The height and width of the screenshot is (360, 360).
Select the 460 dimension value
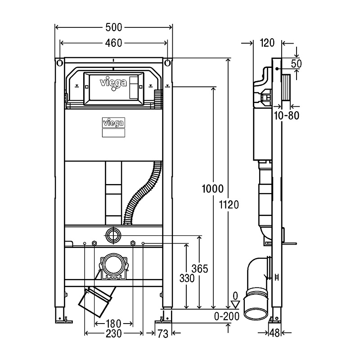(x=114, y=43)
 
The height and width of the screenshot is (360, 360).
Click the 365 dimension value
(x=200, y=269)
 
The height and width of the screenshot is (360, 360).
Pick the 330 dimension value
(x=186, y=279)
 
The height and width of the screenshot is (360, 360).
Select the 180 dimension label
(x=113, y=323)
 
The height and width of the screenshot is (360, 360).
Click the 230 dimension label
(x=113, y=333)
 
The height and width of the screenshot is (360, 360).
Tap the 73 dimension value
(x=162, y=333)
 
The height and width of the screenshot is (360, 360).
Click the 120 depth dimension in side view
(x=267, y=43)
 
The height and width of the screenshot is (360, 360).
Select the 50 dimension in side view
(x=296, y=63)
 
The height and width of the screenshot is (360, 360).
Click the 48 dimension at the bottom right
(x=274, y=333)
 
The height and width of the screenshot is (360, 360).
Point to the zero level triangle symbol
(x=234, y=305)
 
